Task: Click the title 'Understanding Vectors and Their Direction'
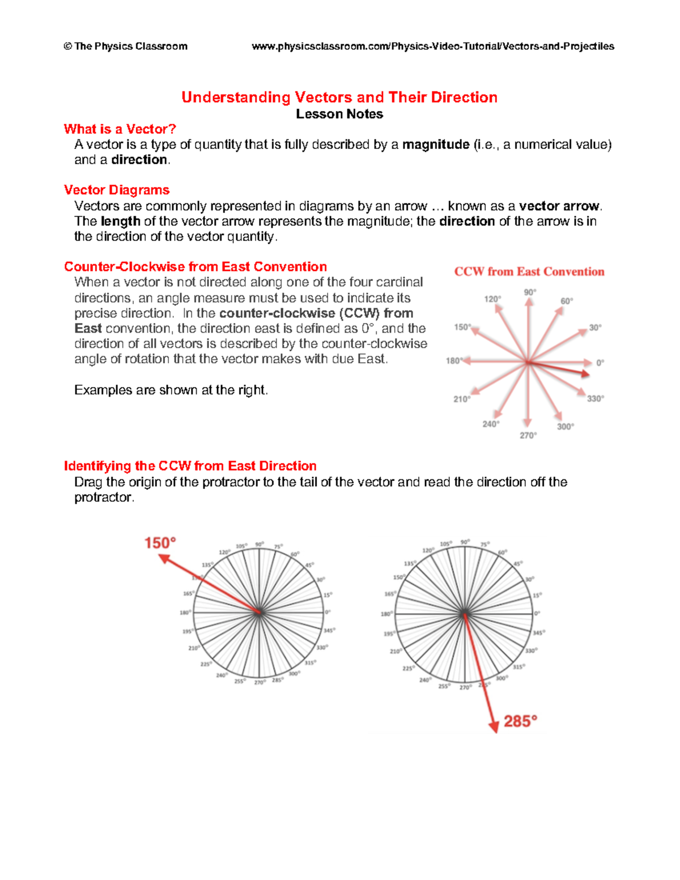[339, 97]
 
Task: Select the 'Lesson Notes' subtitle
[339, 114]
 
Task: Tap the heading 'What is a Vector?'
[120, 129]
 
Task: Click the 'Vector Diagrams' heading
[117, 190]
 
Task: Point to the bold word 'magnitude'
[436, 144]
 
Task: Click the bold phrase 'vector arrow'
[559, 206]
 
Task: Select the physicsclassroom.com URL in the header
[433, 46]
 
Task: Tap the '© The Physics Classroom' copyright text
[125, 46]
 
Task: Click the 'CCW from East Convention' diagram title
[529, 271]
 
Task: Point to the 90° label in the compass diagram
[530, 292]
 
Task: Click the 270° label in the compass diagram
[528, 435]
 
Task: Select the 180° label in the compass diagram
[454, 361]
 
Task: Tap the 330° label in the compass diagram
[595, 399]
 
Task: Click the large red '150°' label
[160, 543]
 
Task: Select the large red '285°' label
[520, 721]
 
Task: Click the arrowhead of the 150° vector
[164, 559]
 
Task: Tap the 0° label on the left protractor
[328, 612]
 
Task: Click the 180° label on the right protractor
[386, 614]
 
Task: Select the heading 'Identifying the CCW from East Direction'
[190, 466]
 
